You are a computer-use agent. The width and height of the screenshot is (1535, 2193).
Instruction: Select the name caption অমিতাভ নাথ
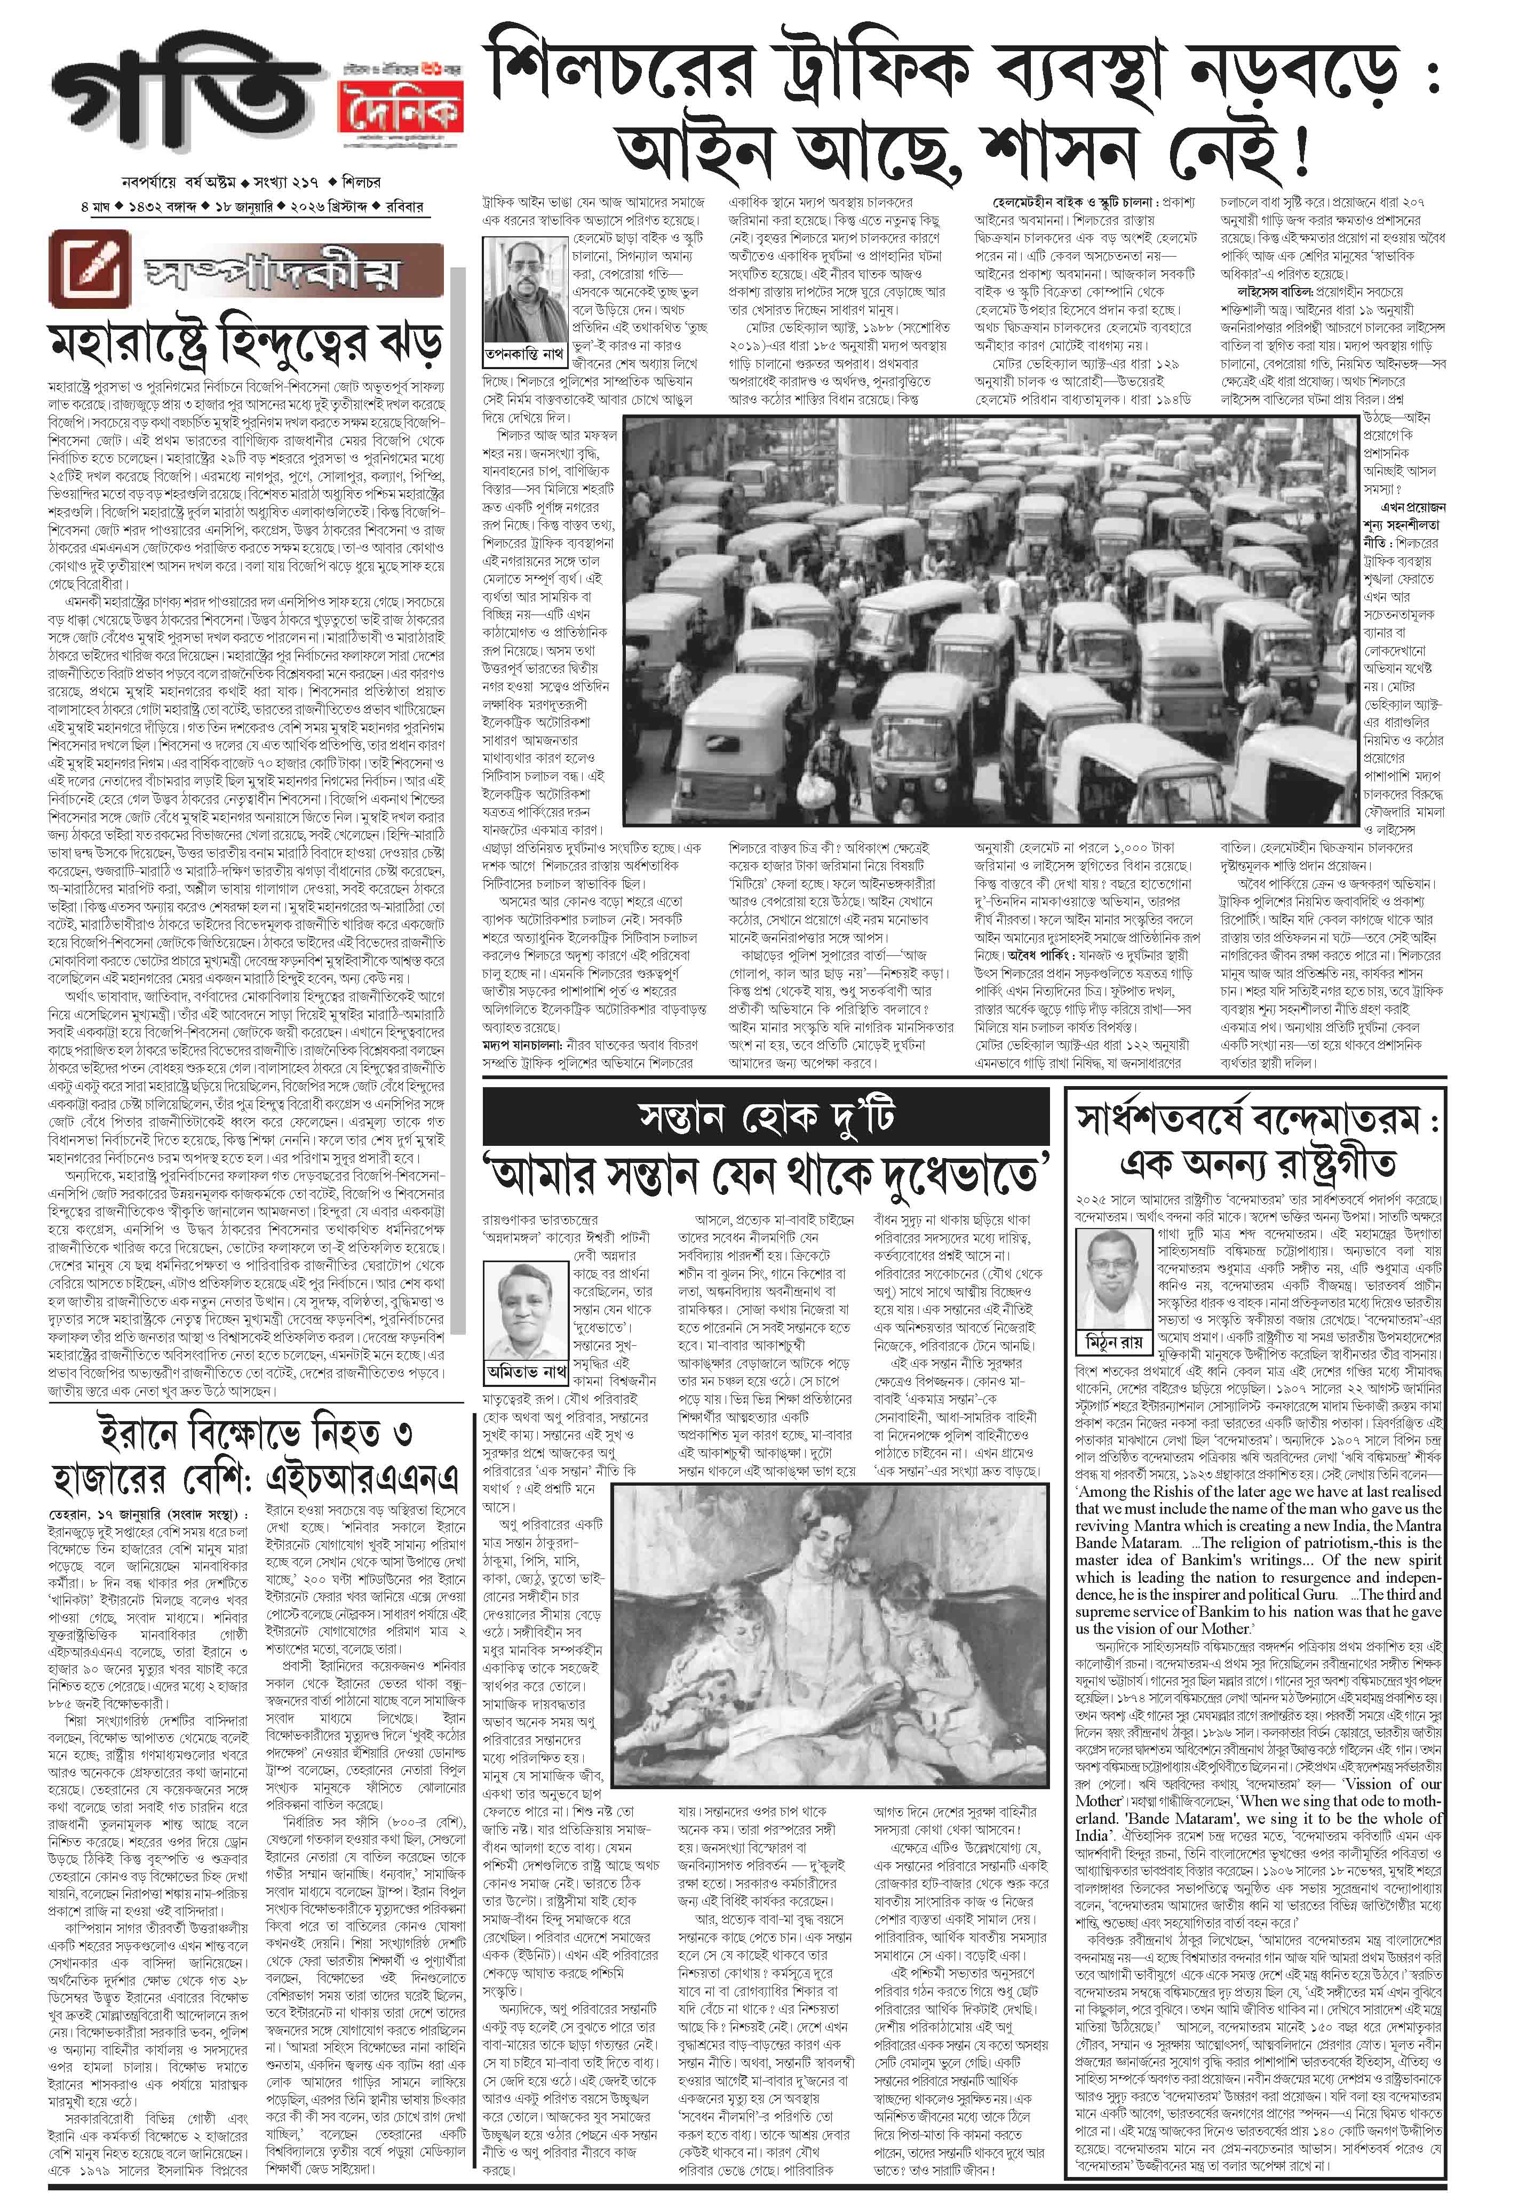coord(524,1370)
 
